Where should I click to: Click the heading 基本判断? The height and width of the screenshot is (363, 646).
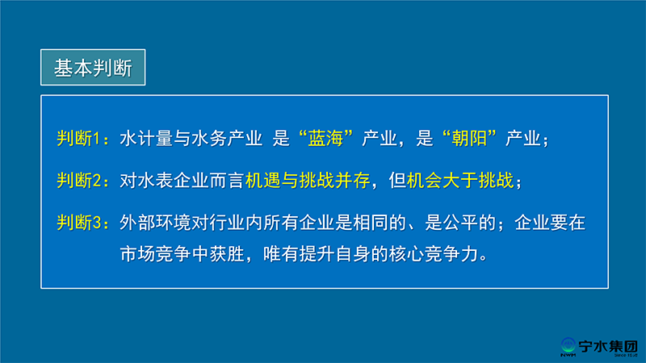[93, 68]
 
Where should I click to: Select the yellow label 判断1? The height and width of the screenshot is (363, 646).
[78, 138]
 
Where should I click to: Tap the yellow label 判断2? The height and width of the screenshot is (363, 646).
[78, 180]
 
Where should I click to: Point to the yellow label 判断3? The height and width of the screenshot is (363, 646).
[78, 223]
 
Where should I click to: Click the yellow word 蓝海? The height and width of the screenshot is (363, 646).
[325, 138]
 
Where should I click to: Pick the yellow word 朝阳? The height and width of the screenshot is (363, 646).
[469, 138]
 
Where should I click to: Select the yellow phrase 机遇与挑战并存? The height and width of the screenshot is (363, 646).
[308, 180]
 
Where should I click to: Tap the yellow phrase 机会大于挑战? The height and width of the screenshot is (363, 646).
[460, 180]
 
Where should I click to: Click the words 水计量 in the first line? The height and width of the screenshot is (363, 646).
[146, 138]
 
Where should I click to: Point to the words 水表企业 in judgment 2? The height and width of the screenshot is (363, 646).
[173, 180]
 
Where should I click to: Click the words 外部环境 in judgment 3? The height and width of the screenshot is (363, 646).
[155, 223]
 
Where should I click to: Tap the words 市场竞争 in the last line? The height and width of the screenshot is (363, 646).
[155, 254]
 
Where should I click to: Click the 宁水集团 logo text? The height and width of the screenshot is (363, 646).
[608, 347]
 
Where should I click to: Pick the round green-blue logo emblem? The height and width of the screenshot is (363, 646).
[568, 345]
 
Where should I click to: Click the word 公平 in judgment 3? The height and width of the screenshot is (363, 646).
[460, 223]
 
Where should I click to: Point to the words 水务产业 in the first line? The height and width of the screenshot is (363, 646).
[227, 138]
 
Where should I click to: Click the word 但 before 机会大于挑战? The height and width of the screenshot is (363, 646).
[397, 180]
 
